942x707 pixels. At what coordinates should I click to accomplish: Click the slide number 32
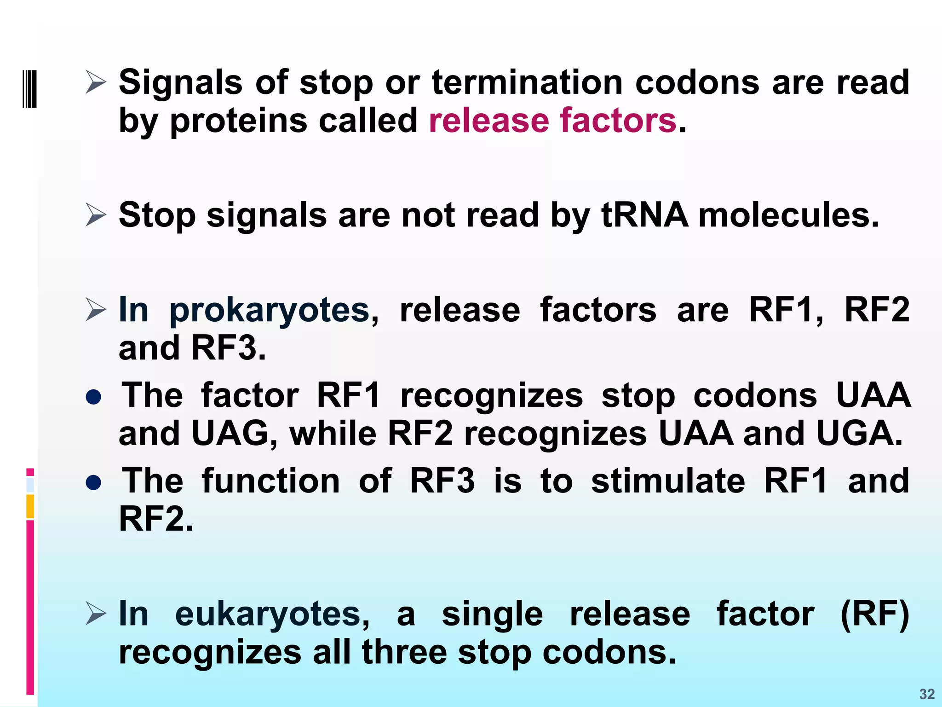(927, 694)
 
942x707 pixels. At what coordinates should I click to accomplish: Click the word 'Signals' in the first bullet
(180, 83)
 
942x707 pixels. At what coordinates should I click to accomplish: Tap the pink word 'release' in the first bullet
(488, 121)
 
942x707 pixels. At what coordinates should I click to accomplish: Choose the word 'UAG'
(230, 434)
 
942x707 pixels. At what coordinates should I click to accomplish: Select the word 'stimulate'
(668, 481)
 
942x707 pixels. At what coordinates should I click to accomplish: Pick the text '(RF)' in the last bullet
(874, 614)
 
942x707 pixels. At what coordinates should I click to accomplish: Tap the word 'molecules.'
(788, 215)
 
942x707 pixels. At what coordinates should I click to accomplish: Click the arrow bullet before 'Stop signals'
(96, 215)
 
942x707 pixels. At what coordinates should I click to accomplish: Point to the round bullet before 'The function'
(94, 482)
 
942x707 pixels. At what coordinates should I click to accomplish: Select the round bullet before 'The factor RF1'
(94, 397)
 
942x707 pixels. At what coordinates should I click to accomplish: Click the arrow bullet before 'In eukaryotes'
(96, 614)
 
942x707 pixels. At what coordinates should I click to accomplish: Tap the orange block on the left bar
(30, 506)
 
